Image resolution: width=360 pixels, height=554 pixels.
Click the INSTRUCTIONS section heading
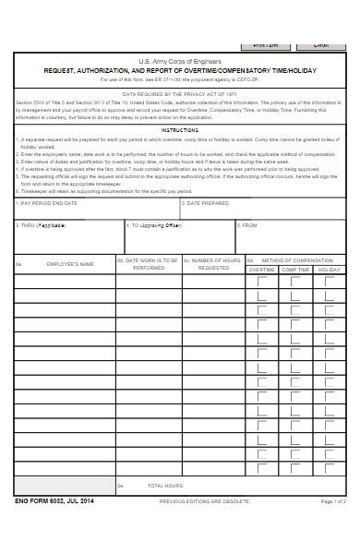(x=180, y=131)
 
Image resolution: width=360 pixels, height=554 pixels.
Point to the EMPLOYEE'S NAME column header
(x=70, y=264)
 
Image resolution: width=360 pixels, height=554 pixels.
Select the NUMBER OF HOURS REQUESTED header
(x=213, y=264)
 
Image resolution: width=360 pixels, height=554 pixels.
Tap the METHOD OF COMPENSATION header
(x=297, y=260)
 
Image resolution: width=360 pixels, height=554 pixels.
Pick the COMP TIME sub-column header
(x=295, y=270)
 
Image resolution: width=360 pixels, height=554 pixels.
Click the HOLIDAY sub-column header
(x=329, y=270)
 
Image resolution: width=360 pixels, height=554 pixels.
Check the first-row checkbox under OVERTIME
(x=261, y=282)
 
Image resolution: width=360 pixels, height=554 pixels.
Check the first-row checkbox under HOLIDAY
(x=329, y=282)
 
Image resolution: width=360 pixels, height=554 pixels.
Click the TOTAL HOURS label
(x=166, y=485)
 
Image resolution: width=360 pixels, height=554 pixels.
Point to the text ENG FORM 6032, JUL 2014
(x=54, y=500)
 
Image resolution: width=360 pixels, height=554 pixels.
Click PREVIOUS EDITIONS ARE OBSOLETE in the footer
(x=204, y=500)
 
